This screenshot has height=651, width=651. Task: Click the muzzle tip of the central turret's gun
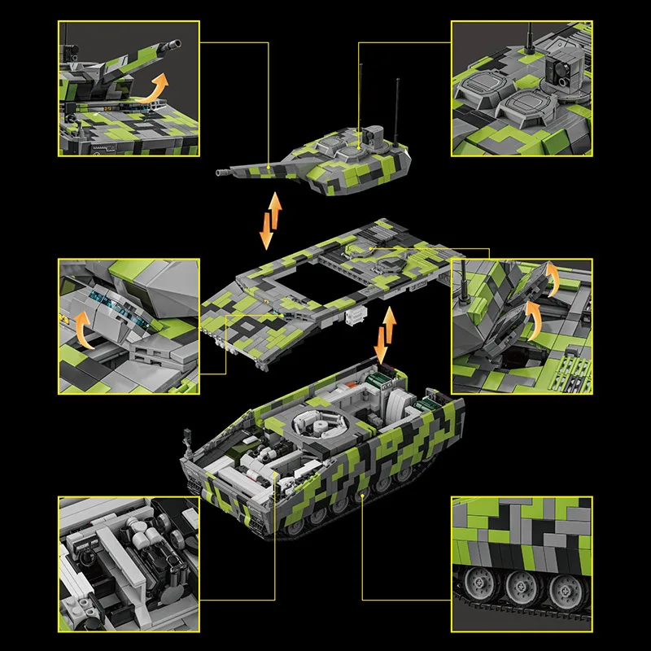[220, 173]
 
